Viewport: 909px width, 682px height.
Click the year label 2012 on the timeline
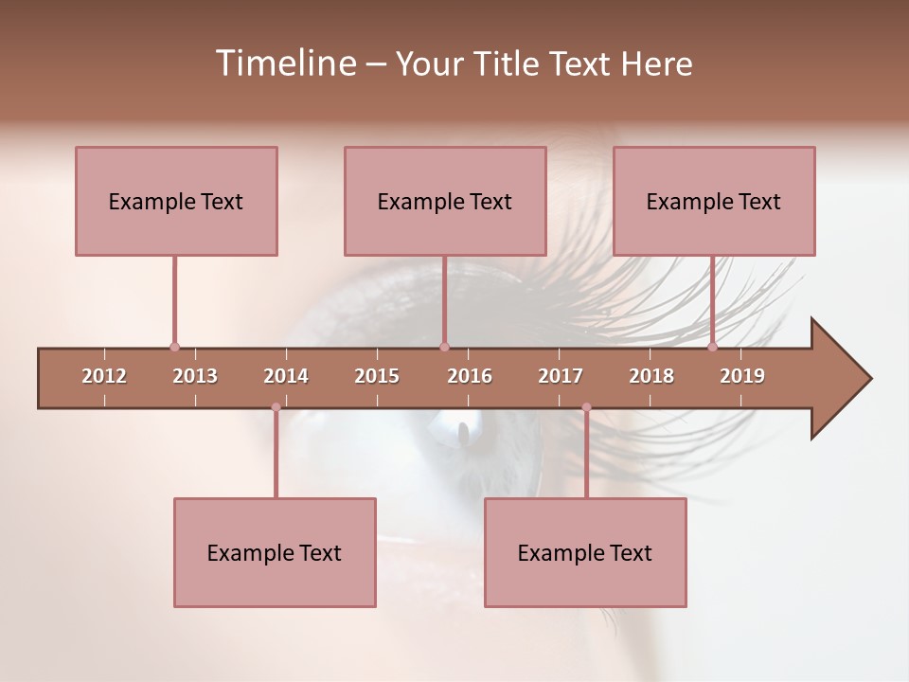pyautogui.click(x=104, y=376)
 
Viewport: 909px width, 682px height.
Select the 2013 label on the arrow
pyautogui.click(x=195, y=376)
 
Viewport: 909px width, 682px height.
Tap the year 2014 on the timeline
pyautogui.click(x=286, y=376)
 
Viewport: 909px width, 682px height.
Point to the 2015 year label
pyautogui.click(x=377, y=376)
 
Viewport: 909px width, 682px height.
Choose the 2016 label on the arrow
pyautogui.click(x=470, y=376)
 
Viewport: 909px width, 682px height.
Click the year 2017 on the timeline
pyautogui.click(x=561, y=376)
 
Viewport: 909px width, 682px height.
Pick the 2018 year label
pyautogui.click(x=651, y=376)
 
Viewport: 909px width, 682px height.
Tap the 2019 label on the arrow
pyautogui.click(x=742, y=376)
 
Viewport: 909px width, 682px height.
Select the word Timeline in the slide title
pyautogui.click(x=283, y=63)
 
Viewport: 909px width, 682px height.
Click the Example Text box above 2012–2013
pyautogui.click(x=176, y=201)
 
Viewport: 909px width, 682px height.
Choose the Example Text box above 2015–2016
pyautogui.click(x=445, y=201)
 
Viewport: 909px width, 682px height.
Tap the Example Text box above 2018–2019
pyautogui.click(x=714, y=201)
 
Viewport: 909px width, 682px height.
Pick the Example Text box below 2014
pyautogui.click(x=275, y=552)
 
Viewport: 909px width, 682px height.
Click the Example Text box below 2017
pyautogui.click(x=585, y=552)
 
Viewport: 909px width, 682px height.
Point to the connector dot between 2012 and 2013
pyautogui.click(x=174, y=348)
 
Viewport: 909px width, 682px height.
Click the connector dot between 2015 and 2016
pyautogui.click(x=444, y=348)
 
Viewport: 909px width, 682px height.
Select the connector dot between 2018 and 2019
pyautogui.click(x=712, y=348)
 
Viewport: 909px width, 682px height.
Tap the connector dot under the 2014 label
pyautogui.click(x=276, y=407)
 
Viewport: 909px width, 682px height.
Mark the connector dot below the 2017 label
pyautogui.click(x=586, y=407)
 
